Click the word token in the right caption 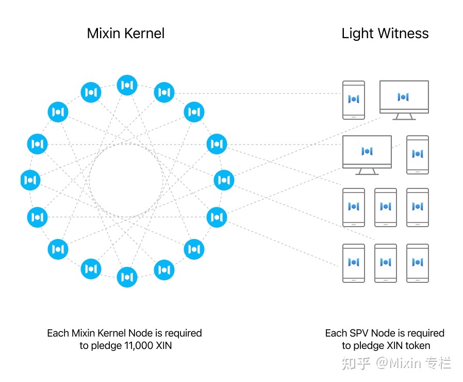click(x=416, y=346)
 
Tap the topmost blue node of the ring click(x=127, y=85)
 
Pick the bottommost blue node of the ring click(x=127, y=277)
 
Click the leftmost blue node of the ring click(x=30, y=180)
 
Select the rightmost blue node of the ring click(x=224, y=180)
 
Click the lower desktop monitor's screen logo click(x=367, y=151)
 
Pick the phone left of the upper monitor click(x=354, y=100)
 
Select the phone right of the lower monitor click(x=418, y=154)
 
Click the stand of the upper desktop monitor click(x=404, y=116)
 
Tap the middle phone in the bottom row click(x=386, y=263)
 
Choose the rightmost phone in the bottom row click(x=418, y=263)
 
